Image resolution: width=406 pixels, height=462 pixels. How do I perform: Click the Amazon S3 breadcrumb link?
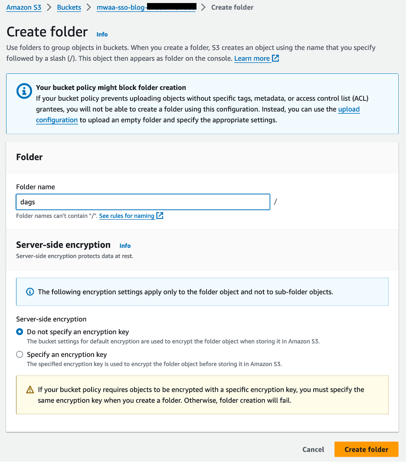click(24, 7)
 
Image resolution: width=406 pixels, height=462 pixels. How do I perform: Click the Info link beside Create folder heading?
click(102, 34)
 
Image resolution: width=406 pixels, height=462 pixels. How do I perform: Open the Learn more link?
click(252, 58)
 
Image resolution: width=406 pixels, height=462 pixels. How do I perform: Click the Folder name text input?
click(143, 202)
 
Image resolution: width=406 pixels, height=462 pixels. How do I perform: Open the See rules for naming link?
click(127, 216)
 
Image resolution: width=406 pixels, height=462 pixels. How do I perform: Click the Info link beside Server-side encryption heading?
click(125, 245)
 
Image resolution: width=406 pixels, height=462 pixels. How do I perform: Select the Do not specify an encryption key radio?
click(20, 332)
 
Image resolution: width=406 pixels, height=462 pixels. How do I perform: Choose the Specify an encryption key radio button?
click(20, 354)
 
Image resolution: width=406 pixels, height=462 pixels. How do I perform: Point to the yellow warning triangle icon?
click(30, 390)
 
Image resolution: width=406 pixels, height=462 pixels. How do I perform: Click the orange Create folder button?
click(366, 449)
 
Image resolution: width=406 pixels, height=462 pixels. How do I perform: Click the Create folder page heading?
click(47, 32)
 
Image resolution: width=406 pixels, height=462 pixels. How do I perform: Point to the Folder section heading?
click(29, 157)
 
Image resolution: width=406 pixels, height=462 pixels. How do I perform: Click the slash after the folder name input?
click(275, 202)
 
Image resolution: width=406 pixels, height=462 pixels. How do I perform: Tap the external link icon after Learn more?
click(275, 58)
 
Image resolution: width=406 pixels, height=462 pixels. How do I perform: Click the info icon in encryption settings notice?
click(30, 292)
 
